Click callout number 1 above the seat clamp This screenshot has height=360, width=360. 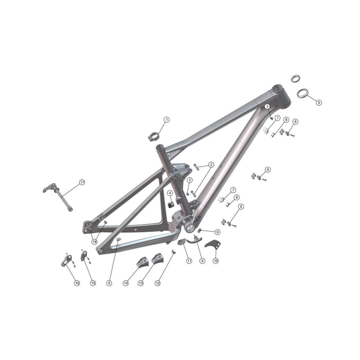click(x=166, y=120)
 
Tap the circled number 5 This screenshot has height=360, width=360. click(x=319, y=102)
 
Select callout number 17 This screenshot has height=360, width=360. click(x=82, y=182)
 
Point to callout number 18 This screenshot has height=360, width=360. click(x=94, y=241)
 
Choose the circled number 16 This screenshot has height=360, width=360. click(x=77, y=283)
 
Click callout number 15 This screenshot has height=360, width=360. click(x=93, y=283)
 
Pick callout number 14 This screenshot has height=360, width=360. click(x=126, y=283)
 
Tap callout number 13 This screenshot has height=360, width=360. click(x=141, y=283)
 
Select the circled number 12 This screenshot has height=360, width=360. click(x=157, y=283)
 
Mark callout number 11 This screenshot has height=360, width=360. click(x=189, y=260)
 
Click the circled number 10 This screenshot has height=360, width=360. click(x=215, y=260)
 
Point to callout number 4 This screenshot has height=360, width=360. click(x=170, y=193)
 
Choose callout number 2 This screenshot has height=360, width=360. click(x=211, y=165)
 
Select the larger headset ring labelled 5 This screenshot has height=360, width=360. click(x=302, y=93)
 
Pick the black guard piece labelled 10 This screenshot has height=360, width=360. click(x=212, y=245)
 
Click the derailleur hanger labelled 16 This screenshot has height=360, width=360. click(x=66, y=260)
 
